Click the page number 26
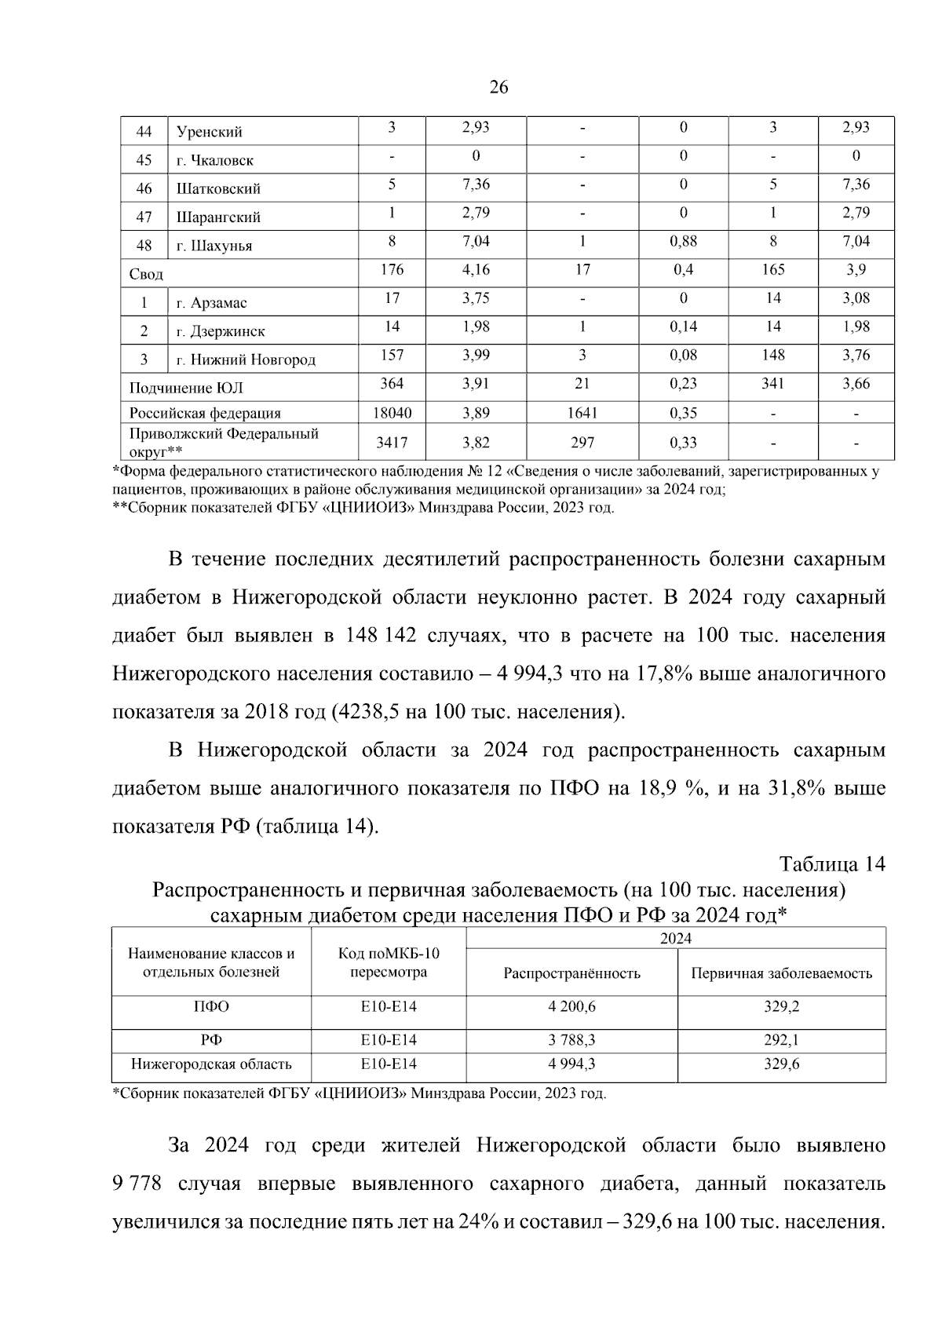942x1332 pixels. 498,87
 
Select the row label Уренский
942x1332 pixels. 209,132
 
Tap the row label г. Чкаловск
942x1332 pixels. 214,160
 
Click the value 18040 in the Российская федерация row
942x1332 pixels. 392,413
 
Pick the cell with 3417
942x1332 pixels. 392,443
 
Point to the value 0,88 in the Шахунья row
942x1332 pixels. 683,242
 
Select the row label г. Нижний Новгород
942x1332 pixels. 246,360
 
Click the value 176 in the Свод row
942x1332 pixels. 392,270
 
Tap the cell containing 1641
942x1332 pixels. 582,413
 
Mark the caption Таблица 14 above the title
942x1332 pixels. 832,864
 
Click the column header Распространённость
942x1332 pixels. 571,973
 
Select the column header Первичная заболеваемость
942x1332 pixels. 781,973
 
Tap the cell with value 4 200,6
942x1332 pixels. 571,1007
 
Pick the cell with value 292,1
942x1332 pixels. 781,1040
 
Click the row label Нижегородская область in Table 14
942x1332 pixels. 211,1064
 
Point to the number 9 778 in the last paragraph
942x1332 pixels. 137,1184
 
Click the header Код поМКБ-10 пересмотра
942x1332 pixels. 389,962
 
